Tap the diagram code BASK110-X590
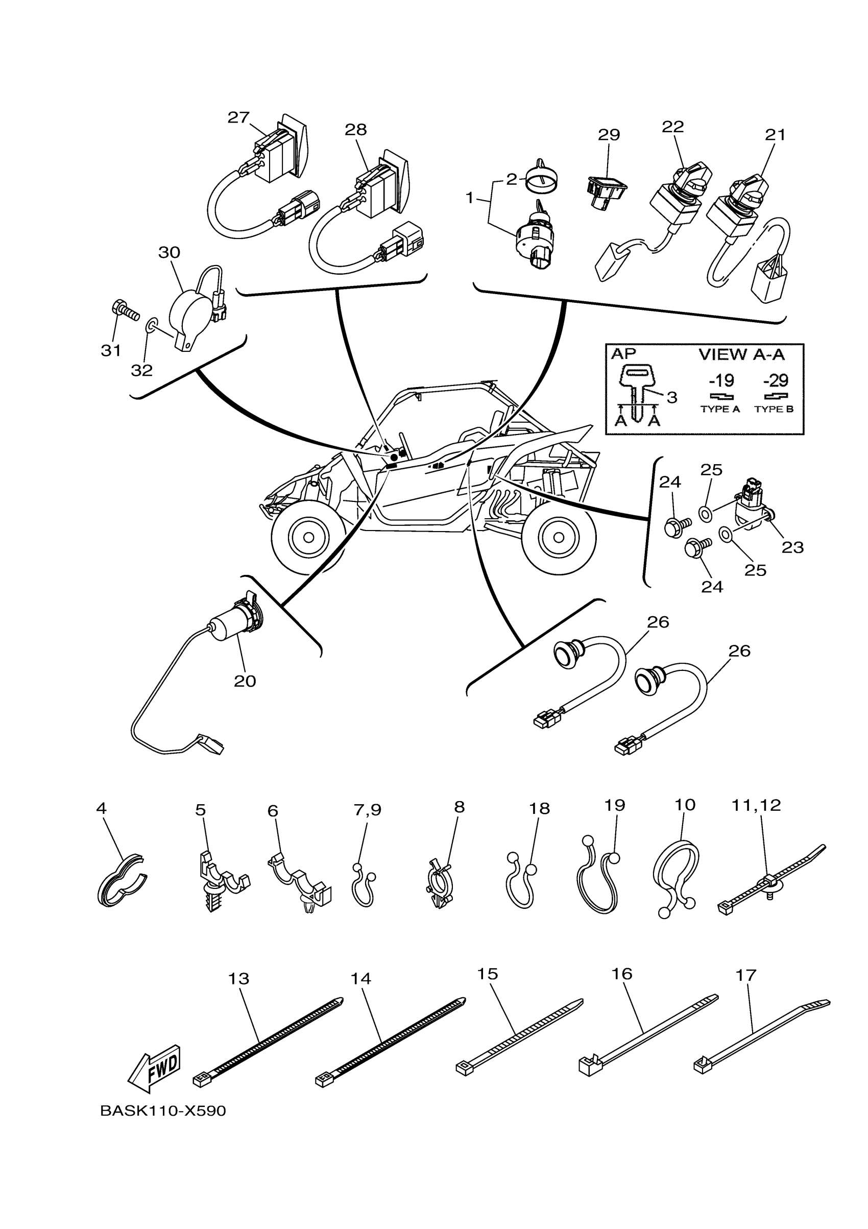[x=163, y=1111]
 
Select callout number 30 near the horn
[x=169, y=253]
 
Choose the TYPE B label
[x=774, y=409]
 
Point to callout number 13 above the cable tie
[x=238, y=978]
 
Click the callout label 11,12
[x=756, y=821]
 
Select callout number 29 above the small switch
[x=609, y=135]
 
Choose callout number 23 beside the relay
[x=792, y=547]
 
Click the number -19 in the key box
[x=721, y=381]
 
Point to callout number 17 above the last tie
[x=745, y=975]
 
